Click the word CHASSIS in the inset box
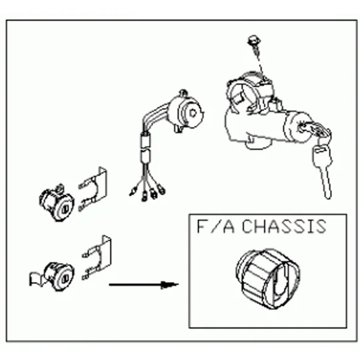[284, 227]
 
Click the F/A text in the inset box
[216, 227]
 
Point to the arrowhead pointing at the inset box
[169, 285]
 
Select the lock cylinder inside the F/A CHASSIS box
[268, 279]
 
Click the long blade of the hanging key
[326, 182]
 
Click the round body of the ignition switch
[186, 111]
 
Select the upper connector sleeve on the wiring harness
[145, 139]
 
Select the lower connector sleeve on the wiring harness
[145, 155]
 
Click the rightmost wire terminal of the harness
[161, 190]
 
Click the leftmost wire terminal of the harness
[133, 192]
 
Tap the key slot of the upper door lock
[65, 209]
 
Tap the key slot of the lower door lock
[64, 279]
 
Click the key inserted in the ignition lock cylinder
[315, 130]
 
